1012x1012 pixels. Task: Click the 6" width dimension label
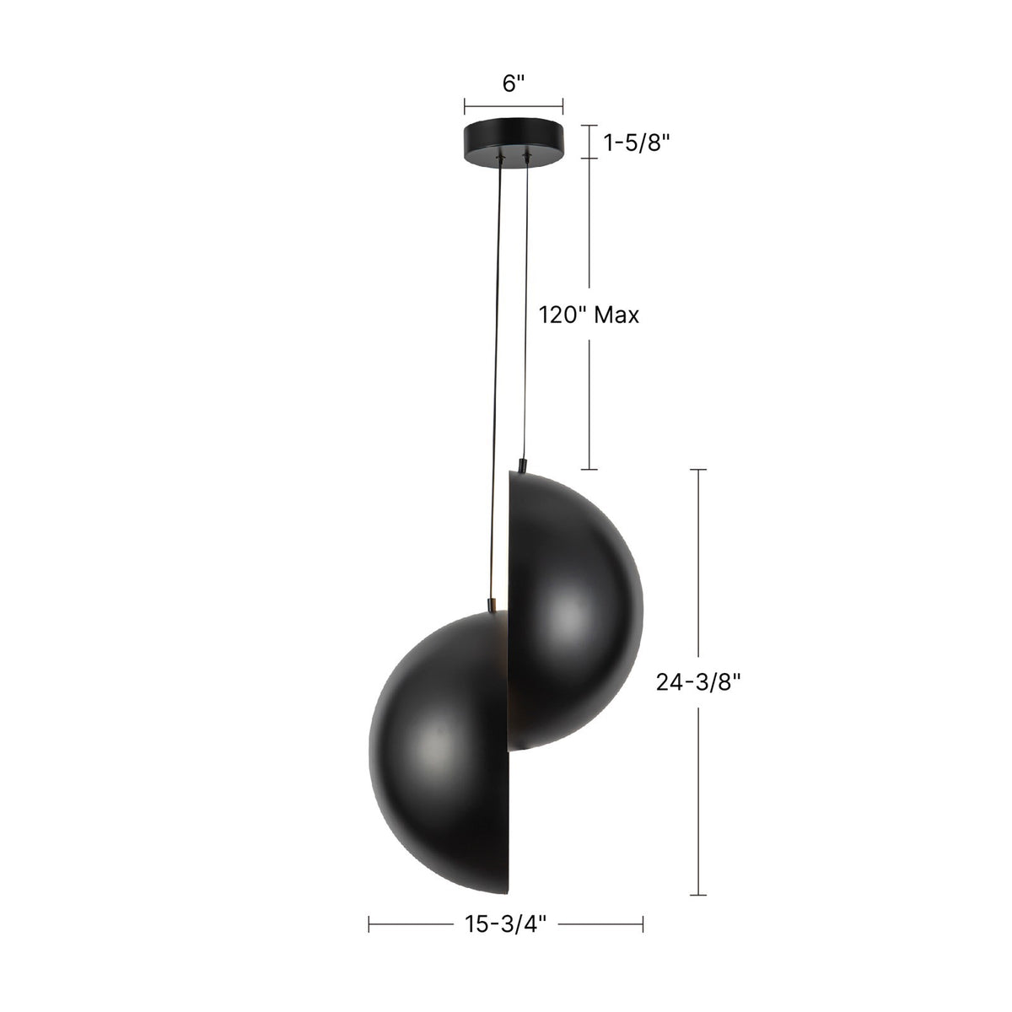pos(514,83)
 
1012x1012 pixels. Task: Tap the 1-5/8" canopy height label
pos(637,143)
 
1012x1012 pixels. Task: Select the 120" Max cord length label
pos(589,315)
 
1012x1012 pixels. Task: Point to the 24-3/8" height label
pos(698,682)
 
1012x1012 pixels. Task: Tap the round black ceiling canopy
pos(514,143)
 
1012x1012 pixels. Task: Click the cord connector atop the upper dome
pos(522,466)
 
